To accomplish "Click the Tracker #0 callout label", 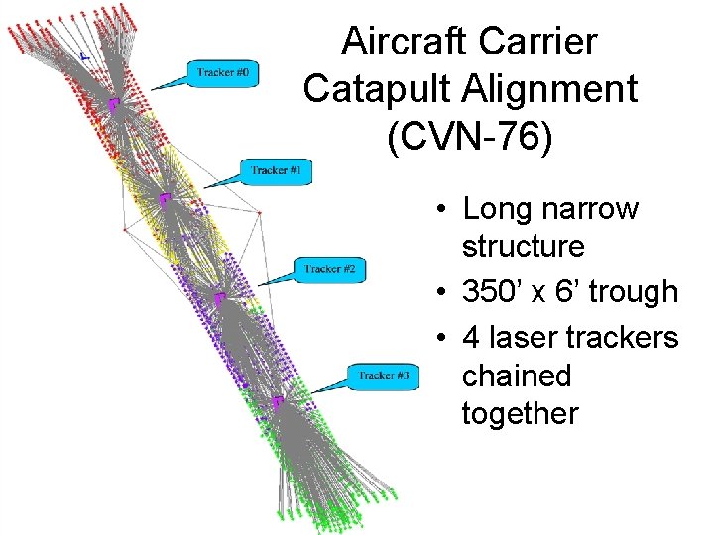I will point(226,73).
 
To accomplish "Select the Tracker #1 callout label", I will point(281,170).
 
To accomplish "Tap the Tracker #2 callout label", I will point(336,268).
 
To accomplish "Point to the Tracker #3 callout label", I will point(384,375).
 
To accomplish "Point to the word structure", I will point(523,245).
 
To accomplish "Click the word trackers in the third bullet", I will point(623,338).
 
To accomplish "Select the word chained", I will point(517,375).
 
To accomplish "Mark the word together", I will point(520,412).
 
